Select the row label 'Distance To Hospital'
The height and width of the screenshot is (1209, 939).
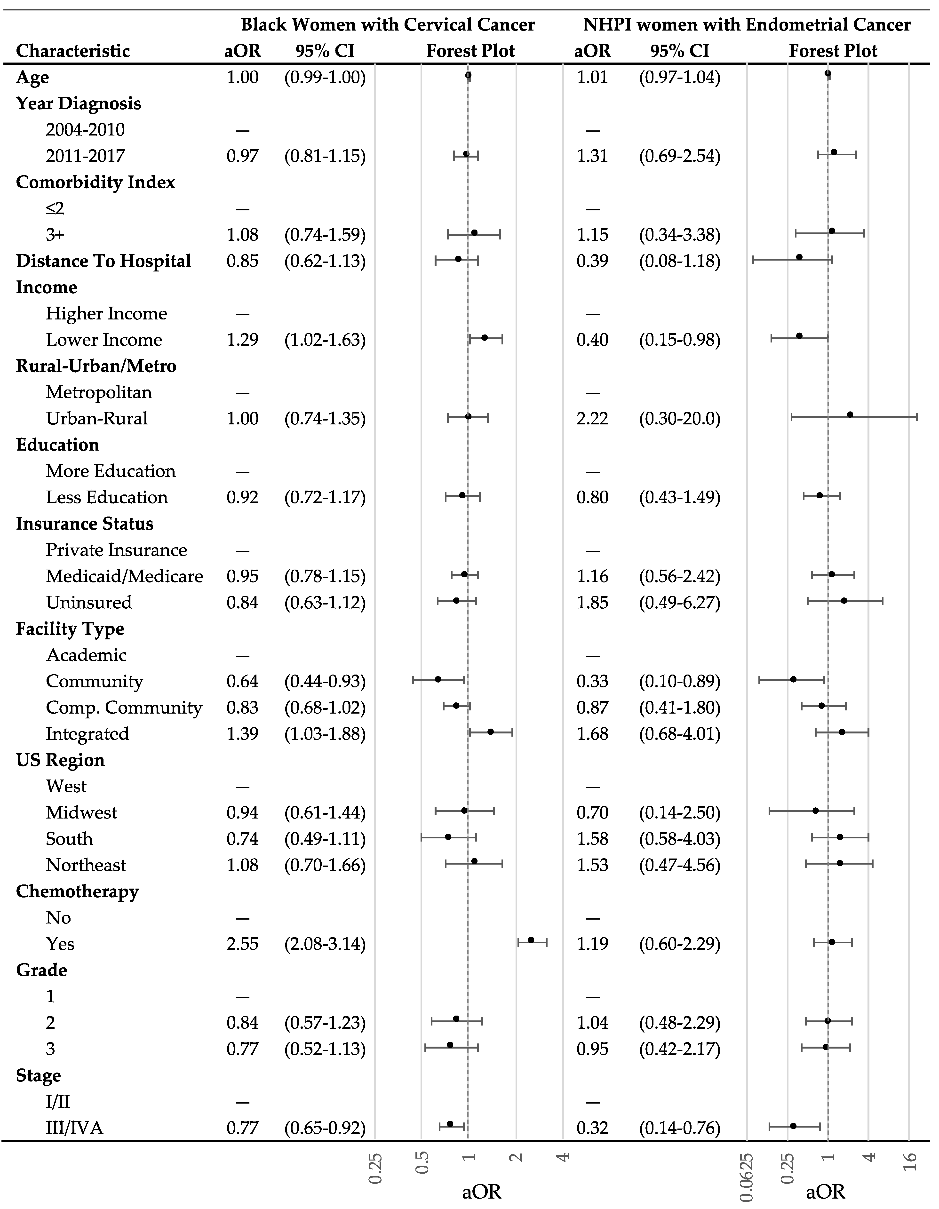coord(103,261)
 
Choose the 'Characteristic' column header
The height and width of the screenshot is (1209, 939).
coord(73,51)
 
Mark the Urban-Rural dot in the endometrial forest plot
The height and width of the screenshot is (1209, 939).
coord(850,415)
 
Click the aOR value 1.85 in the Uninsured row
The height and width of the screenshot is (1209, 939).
coord(592,602)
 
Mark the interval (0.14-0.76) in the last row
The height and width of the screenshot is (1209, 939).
coord(679,1128)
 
